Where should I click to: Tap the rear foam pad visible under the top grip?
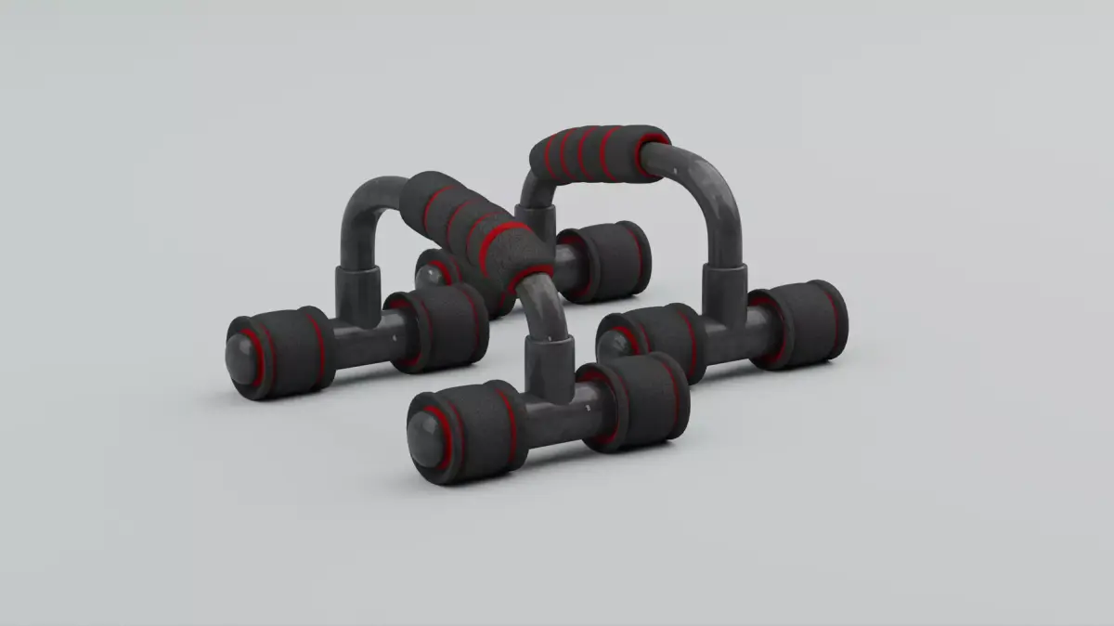[x=603, y=261]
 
